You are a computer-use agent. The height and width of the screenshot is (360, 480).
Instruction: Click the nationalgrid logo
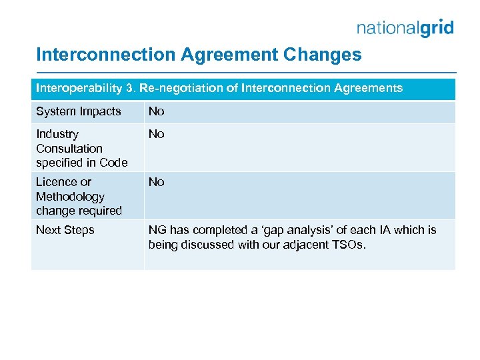coord(405,27)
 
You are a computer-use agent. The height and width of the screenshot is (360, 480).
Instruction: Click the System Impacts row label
coord(79,111)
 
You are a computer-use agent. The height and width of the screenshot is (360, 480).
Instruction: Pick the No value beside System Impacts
coord(156,111)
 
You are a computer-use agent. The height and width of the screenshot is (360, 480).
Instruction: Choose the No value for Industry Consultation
coord(156,134)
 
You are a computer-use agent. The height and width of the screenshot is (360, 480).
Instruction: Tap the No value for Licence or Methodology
coord(156,182)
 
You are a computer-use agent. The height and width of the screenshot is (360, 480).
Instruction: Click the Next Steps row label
coord(65,230)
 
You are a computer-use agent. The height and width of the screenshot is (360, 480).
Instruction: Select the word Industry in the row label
coord(57,134)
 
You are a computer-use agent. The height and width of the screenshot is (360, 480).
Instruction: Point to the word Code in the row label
coord(113,163)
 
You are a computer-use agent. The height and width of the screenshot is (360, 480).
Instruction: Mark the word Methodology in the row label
coord(70,197)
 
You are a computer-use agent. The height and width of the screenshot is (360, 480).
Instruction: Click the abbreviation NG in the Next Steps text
coord(157,230)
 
